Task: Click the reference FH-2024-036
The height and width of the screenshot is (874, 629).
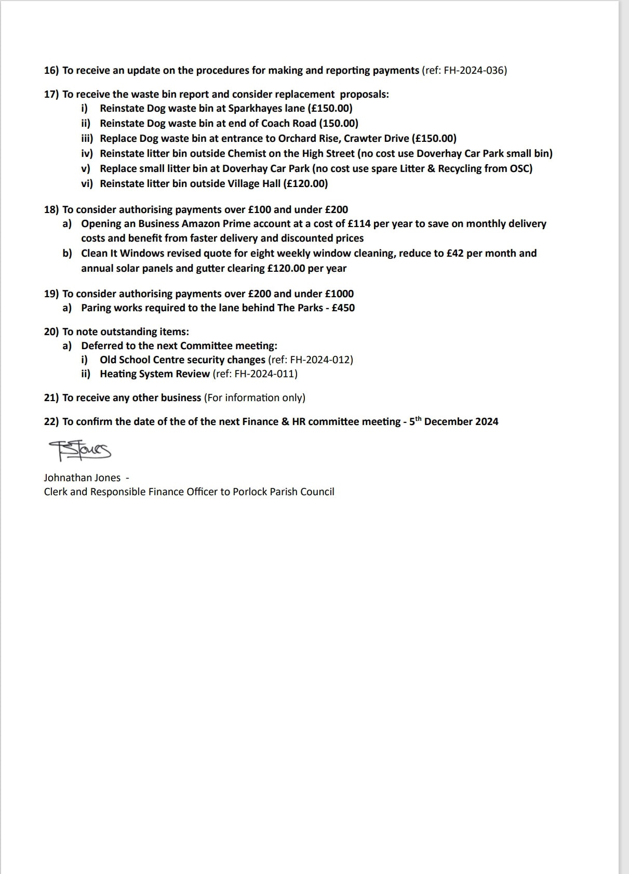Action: coord(475,71)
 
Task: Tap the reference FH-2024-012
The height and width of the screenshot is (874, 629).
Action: coord(320,360)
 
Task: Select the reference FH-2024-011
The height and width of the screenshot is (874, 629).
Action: coord(265,374)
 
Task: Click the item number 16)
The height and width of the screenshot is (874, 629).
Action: coord(51,71)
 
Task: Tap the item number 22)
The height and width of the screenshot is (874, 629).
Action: coord(51,422)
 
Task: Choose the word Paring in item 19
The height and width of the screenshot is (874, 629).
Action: coord(96,308)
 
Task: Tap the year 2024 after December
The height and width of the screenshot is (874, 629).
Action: coord(486,422)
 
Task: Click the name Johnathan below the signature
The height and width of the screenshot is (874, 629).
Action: coord(68,478)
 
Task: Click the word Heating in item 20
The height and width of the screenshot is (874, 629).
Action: coord(118,374)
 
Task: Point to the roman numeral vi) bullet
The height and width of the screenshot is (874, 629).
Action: coord(87,184)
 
